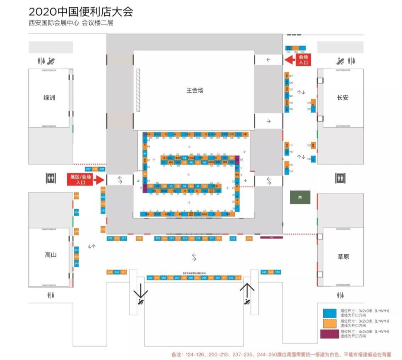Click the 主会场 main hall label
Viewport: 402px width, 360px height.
point(195,90)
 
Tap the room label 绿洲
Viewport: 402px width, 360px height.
point(49,98)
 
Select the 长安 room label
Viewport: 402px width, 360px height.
point(343,98)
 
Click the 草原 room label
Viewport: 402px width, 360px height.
point(343,257)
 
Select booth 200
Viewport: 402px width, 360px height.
point(150,278)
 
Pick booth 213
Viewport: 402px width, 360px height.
point(238,278)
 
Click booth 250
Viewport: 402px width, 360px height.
point(277,272)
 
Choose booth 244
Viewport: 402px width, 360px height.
point(110,272)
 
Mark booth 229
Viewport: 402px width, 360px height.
point(110,238)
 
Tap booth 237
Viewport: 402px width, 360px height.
point(88,169)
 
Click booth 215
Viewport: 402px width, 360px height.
point(233,238)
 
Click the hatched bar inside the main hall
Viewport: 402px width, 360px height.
point(138,90)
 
